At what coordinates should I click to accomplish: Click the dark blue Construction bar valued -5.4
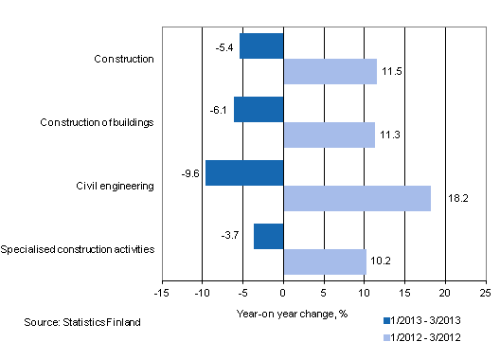tap(262, 45)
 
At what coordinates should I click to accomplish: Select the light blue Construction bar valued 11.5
tap(330, 71)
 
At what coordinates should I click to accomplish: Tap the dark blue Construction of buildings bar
tap(259, 109)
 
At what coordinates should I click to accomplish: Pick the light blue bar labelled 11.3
tap(329, 135)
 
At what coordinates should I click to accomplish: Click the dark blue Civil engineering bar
tap(244, 172)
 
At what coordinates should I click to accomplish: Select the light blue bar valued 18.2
tap(357, 198)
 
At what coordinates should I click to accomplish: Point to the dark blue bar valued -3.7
tap(268, 236)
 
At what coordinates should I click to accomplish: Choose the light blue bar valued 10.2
tap(325, 261)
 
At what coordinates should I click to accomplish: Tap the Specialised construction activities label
tap(79, 249)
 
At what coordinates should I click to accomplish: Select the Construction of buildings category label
tap(98, 122)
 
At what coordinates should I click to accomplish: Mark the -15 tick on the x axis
tap(162, 294)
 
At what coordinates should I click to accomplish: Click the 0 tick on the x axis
tap(283, 294)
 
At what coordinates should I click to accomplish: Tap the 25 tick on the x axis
tap(486, 294)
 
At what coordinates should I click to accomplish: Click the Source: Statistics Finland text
tap(82, 323)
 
